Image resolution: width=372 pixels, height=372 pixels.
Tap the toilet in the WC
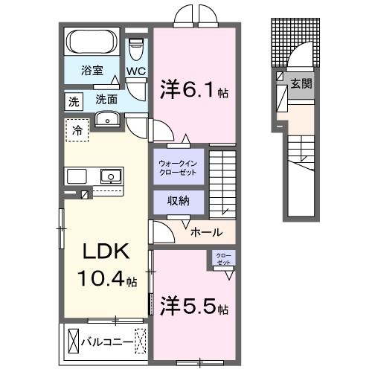coord(135,50)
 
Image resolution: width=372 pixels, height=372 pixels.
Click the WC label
coord(135,71)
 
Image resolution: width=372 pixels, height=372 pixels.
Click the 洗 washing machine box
coord(74,99)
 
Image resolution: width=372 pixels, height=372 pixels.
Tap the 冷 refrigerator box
coord(77,130)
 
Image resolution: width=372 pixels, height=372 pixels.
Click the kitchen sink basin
coord(110,176)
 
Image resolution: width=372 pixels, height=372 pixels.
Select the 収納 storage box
coord(177,202)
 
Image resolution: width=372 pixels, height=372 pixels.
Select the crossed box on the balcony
coord(73,341)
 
